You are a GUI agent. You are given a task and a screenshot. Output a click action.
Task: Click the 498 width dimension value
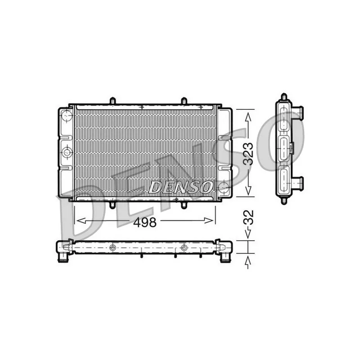(145, 222)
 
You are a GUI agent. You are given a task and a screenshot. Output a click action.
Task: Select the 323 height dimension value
(248, 153)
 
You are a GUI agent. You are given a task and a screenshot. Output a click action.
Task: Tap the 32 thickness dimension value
(248, 217)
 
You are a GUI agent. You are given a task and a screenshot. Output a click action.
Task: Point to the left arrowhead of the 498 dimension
(81, 220)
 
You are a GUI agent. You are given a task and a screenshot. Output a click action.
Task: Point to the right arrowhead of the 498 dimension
(209, 220)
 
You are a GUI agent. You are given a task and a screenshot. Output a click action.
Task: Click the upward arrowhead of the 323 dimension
(248, 117)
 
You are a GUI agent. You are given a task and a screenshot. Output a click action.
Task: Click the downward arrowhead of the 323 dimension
(248, 190)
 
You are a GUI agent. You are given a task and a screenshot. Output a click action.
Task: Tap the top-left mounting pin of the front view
(112, 101)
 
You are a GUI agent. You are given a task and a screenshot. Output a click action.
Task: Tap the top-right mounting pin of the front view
(184, 101)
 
